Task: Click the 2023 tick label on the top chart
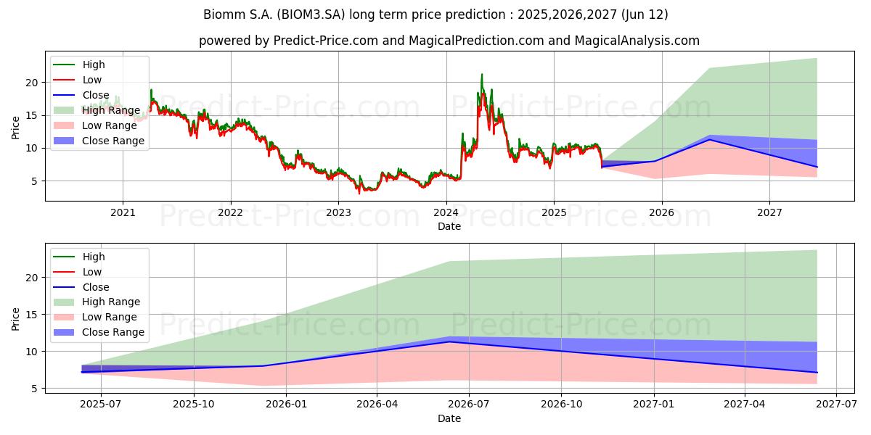pyautogui.click(x=338, y=213)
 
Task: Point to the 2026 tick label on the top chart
pyautogui.click(x=661, y=213)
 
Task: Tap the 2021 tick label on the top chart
pyautogui.click(x=123, y=213)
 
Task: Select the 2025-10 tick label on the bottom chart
pyautogui.click(x=194, y=405)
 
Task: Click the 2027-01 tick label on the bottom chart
pyautogui.click(x=654, y=405)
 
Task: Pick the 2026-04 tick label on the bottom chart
pyautogui.click(x=377, y=405)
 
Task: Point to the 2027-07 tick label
pyautogui.click(x=836, y=405)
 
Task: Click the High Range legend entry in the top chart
pyautogui.click(x=97, y=110)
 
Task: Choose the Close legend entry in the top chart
pyautogui.click(x=81, y=95)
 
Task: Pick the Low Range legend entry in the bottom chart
pyautogui.click(x=95, y=317)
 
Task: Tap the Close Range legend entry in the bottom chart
pyautogui.click(x=99, y=332)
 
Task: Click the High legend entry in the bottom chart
pyautogui.click(x=79, y=257)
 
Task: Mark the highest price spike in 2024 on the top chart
pyautogui.click(x=482, y=74)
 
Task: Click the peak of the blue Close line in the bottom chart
pyautogui.click(x=449, y=341)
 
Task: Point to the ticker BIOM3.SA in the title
pyautogui.click(x=311, y=14)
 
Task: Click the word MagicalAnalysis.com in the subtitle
pyautogui.click(x=637, y=41)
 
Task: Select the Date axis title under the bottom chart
pyautogui.click(x=449, y=418)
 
